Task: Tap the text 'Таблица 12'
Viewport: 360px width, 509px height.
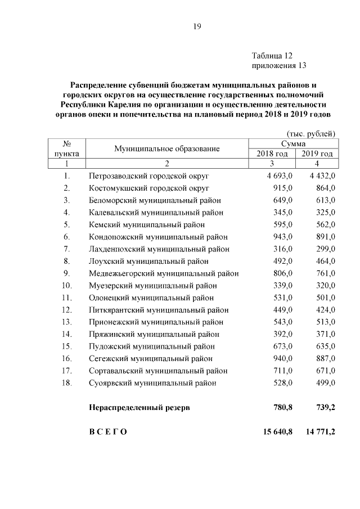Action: [273, 56]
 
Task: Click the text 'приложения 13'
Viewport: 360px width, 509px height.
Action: [280, 66]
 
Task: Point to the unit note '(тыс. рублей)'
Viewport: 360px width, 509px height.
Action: [311, 133]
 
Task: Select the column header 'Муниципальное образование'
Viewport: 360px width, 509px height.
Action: [166, 148]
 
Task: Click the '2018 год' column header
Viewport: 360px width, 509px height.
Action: [272, 154]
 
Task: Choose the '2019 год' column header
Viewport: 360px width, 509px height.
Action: [317, 154]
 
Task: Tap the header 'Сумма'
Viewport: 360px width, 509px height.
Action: [294, 144]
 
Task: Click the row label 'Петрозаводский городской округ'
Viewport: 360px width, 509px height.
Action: [150, 176]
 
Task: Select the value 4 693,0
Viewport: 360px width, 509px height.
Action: [280, 176]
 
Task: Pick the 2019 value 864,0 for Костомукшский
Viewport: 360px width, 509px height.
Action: [325, 188]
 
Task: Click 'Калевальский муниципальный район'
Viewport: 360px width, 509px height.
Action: [156, 213]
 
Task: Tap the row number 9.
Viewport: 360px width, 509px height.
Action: [66, 273]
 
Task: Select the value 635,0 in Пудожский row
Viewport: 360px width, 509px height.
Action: [325, 346]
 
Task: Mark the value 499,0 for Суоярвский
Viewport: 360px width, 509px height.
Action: [325, 383]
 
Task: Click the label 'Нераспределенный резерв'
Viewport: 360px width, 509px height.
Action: [139, 407]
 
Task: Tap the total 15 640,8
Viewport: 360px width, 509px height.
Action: [277, 431]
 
